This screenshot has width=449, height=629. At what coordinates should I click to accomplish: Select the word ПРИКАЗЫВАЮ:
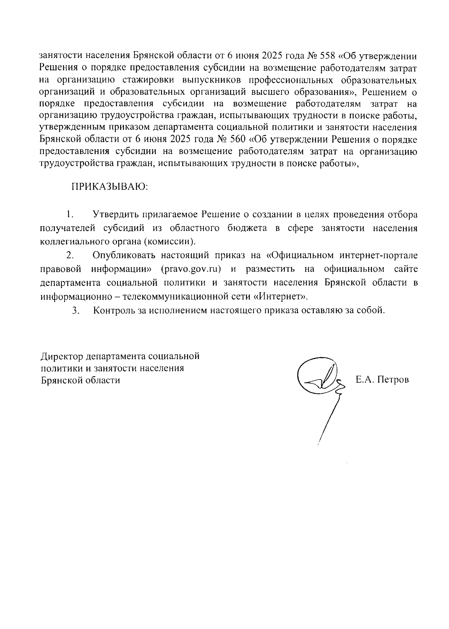[x=110, y=187]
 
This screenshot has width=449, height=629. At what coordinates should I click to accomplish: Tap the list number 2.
[x=69, y=256]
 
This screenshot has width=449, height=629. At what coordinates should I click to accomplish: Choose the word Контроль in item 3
[x=112, y=310]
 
